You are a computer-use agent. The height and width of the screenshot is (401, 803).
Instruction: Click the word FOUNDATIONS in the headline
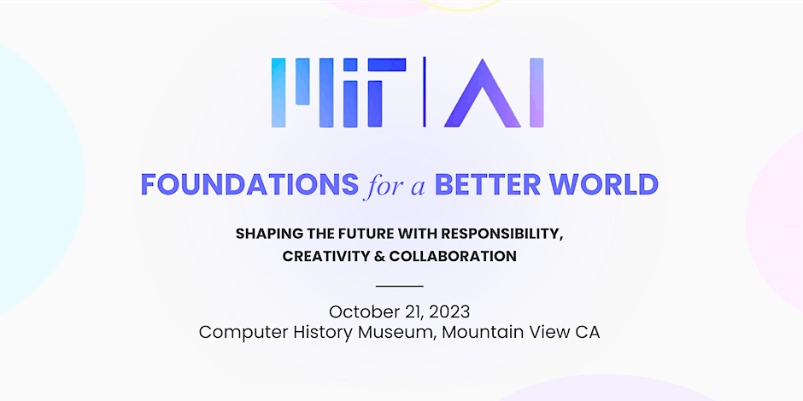(x=249, y=184)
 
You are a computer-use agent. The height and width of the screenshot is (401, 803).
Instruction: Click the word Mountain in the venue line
(x=479, y=333)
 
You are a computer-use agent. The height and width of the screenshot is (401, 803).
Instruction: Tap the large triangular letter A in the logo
(x=483, y=93)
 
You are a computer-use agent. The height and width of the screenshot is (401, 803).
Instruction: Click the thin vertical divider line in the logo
(x=424, y=92)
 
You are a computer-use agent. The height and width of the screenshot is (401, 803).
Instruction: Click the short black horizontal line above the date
(x=400, y=286)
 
